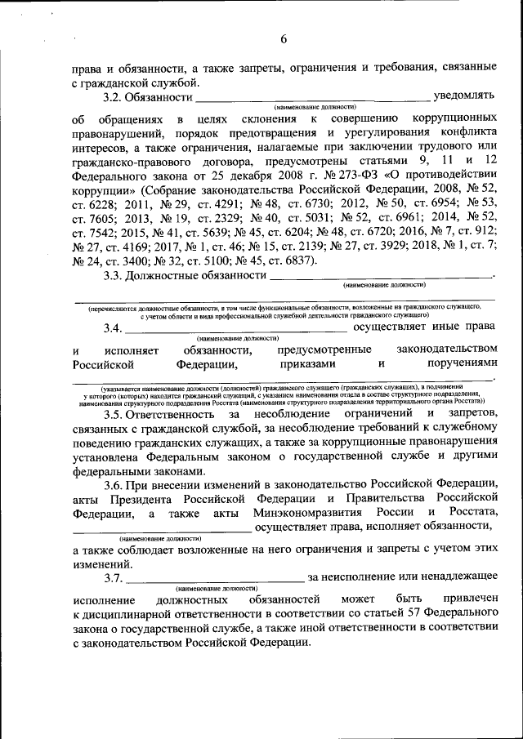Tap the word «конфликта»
tap(467, 135)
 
